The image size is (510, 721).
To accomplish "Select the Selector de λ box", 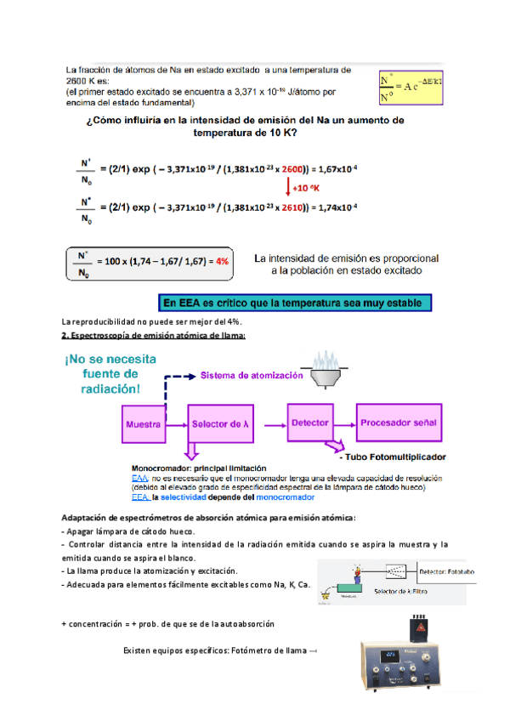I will click(222, 423).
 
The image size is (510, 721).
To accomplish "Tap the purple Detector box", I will click(309, 422).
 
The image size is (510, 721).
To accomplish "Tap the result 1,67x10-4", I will click(337, 168).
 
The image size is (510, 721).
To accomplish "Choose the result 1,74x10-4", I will click(337, 207).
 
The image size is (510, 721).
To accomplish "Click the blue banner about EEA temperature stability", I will click(297, 303).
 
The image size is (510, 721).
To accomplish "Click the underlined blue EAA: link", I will click(140, 479).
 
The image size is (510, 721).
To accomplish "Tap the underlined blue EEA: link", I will click(140, 498).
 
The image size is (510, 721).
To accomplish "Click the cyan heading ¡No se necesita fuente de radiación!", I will click(110, 374).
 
